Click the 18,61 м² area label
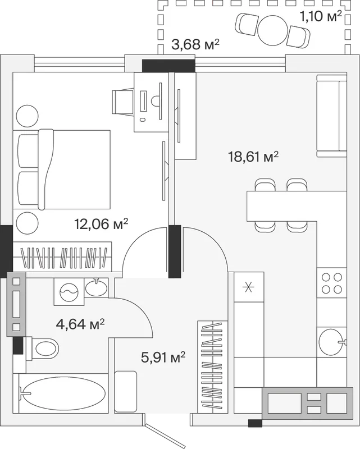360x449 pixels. [253, 157]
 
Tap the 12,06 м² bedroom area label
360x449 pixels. [101, 223]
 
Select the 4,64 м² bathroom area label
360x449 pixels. [80, 324]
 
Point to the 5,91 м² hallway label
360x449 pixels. [163, 357]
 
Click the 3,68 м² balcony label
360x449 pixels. [195, 45]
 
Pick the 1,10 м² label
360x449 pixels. [321, 16]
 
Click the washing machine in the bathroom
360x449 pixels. [69, 291]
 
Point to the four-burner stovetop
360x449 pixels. [331, 283]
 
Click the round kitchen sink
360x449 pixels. [332, 342]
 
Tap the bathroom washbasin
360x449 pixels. [97, 287]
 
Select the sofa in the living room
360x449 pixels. [331, 116]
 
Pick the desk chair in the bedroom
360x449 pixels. [123, 102]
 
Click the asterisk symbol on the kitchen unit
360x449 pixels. [248, 287]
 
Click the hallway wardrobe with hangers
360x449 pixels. [213, 367]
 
